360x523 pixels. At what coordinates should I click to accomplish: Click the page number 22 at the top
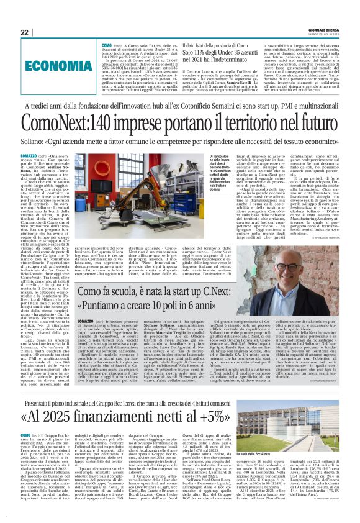pyautogui.click(x=24, y=33)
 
